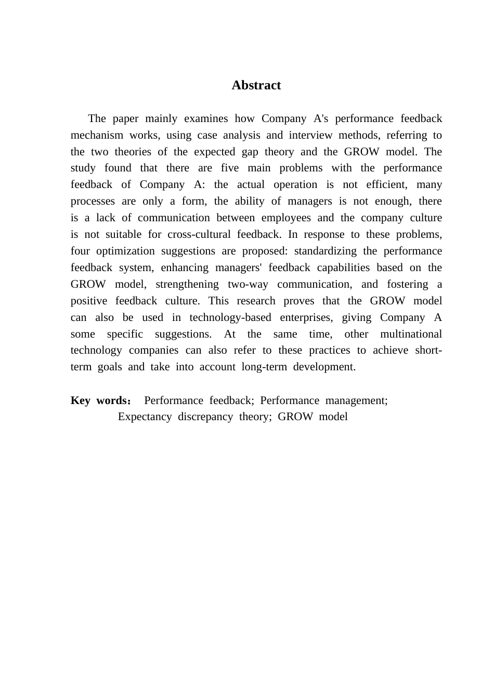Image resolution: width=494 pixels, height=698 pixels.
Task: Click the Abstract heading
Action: pos(256,85)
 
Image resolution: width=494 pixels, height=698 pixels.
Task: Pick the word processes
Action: pos(93,201)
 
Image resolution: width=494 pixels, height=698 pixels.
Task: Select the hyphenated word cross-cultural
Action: pos(199,234)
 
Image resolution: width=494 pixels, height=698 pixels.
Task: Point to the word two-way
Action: pos(248,284)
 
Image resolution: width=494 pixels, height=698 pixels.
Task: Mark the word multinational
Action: pos(411,334)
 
